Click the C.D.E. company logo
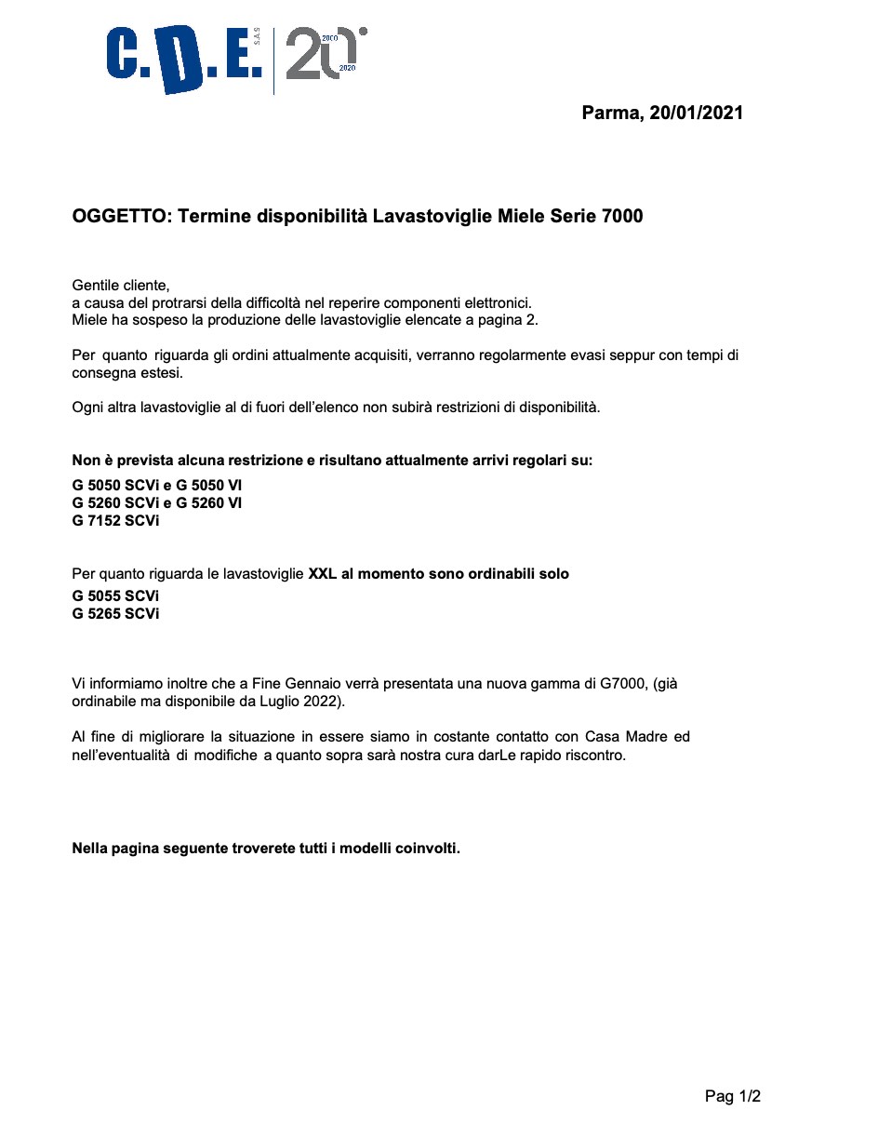click(184, 60)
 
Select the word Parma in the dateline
click(611, 114)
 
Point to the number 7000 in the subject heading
click(622, 217)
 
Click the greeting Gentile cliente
click(120, 286)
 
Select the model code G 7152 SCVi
click(115, 521)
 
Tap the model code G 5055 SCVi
click(115, 595)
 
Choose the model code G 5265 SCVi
click(115, 614)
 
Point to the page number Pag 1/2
click(732, 1097)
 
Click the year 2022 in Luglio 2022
click(323, 701)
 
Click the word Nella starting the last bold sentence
click(91, 849)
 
